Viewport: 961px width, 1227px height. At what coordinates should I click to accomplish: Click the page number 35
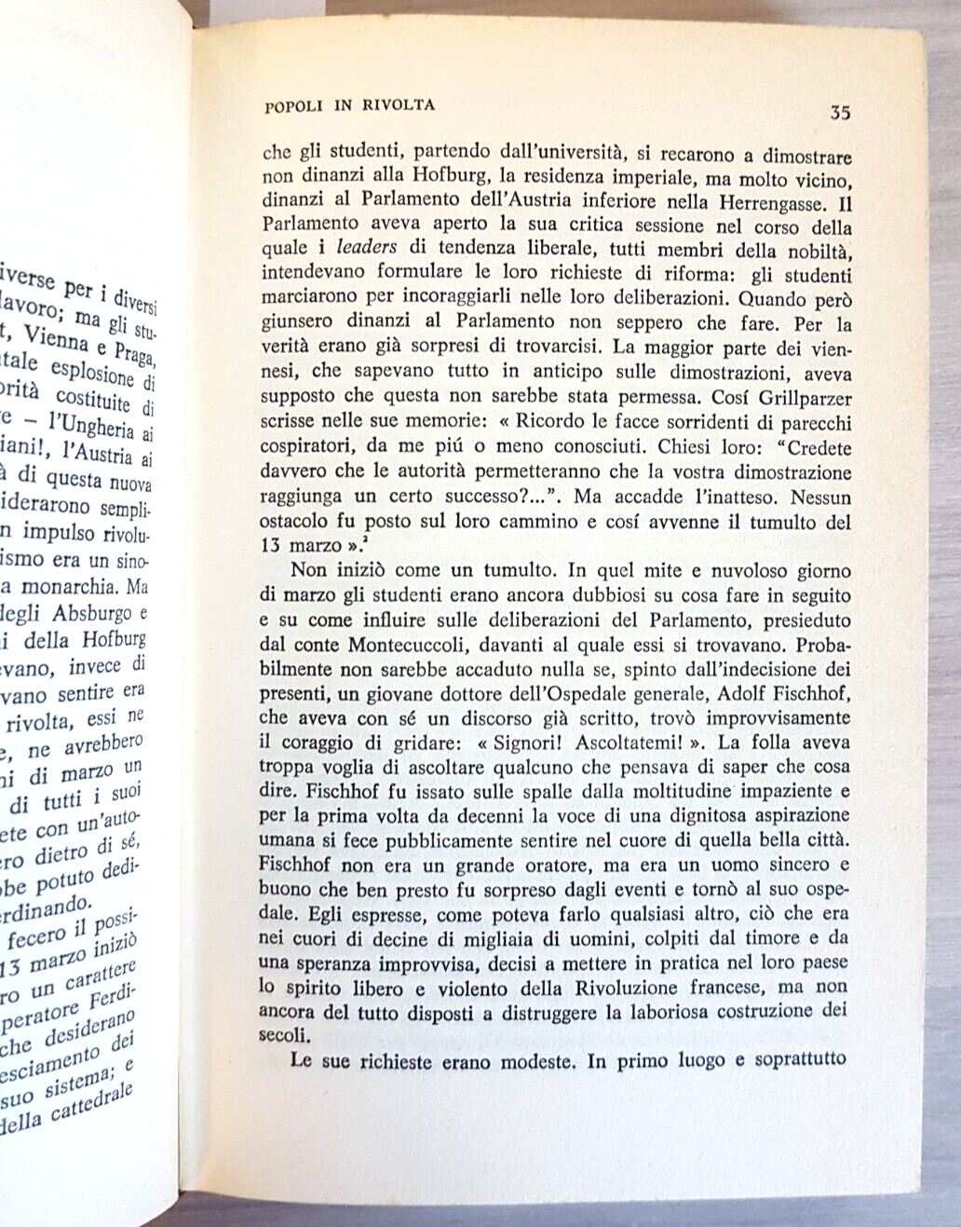coord(839,113)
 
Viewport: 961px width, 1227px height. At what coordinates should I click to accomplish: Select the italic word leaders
coord(366,250)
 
